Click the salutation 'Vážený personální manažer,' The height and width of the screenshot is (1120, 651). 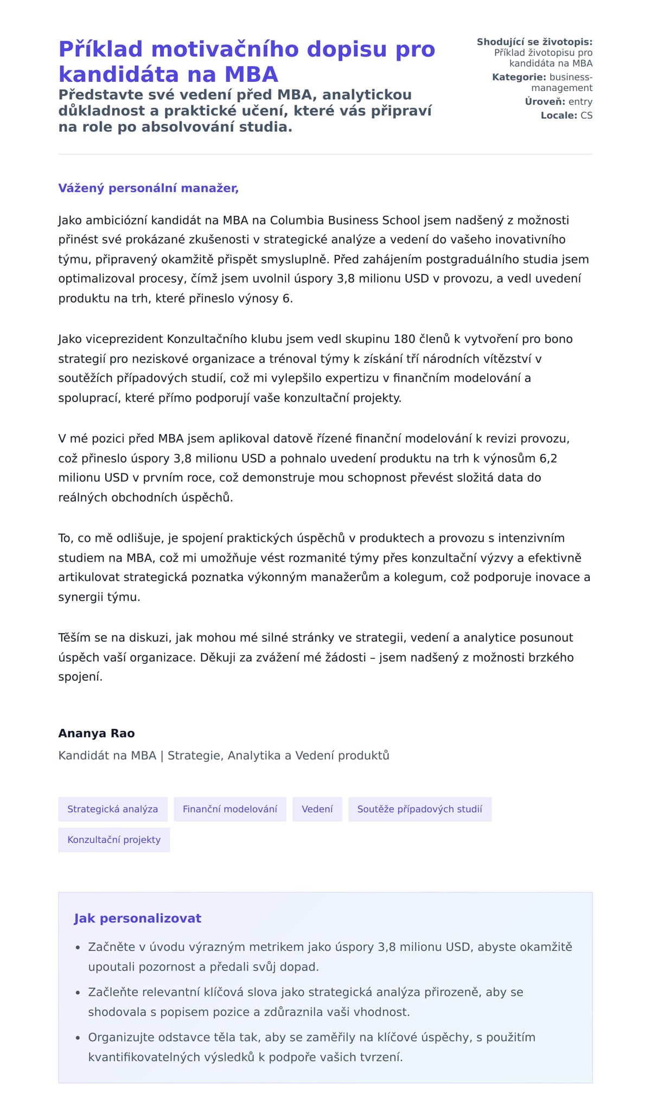pyautogui.click(x=148, y=188)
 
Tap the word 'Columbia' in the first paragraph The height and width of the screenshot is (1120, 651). pyautogui.click(x=297, y=220)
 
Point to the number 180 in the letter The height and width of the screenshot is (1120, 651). pyautogui.click(x=404, y=339)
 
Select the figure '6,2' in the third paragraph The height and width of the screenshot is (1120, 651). pyautogui.click(x=548, y=458)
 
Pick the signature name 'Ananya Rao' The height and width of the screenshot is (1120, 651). pyautogui.click(x=96, y=733)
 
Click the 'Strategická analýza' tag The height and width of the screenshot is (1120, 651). pyautogui.click(x=113, y=809)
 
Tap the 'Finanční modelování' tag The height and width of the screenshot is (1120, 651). pyautogui.click(x=230, y=809)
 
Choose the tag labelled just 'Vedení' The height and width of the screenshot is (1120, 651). pyautogui.click(x=317, y=809)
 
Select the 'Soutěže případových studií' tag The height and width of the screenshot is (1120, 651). pyautogui.click(x=420, y=809)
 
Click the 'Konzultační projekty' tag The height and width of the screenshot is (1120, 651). pyautogui.click(x=114, y=840)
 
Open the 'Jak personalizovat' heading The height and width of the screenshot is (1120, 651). pyautogui.click(x=137, y=918)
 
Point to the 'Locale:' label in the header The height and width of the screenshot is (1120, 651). pyautogui.click(x=559, y=116)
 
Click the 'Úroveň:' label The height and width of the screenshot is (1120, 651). pyautogui.click(x=545, y=101)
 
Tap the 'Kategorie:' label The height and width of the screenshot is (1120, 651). pyautogui.click(x=519, y=77)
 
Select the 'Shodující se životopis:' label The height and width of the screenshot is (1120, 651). pyautogui.click(x=534, y=42)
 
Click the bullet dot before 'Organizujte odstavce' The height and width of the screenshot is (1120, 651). pyautogui.click(x=78, y=1038)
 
